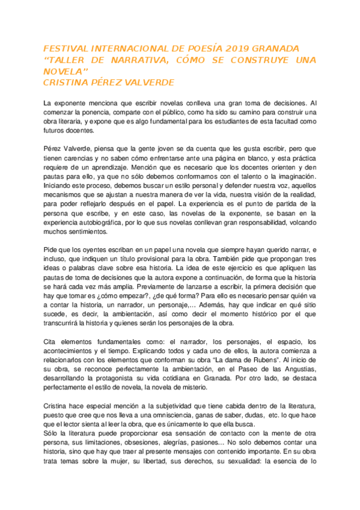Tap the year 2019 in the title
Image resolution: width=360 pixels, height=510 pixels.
pyautogui.click(x=218, y=48)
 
